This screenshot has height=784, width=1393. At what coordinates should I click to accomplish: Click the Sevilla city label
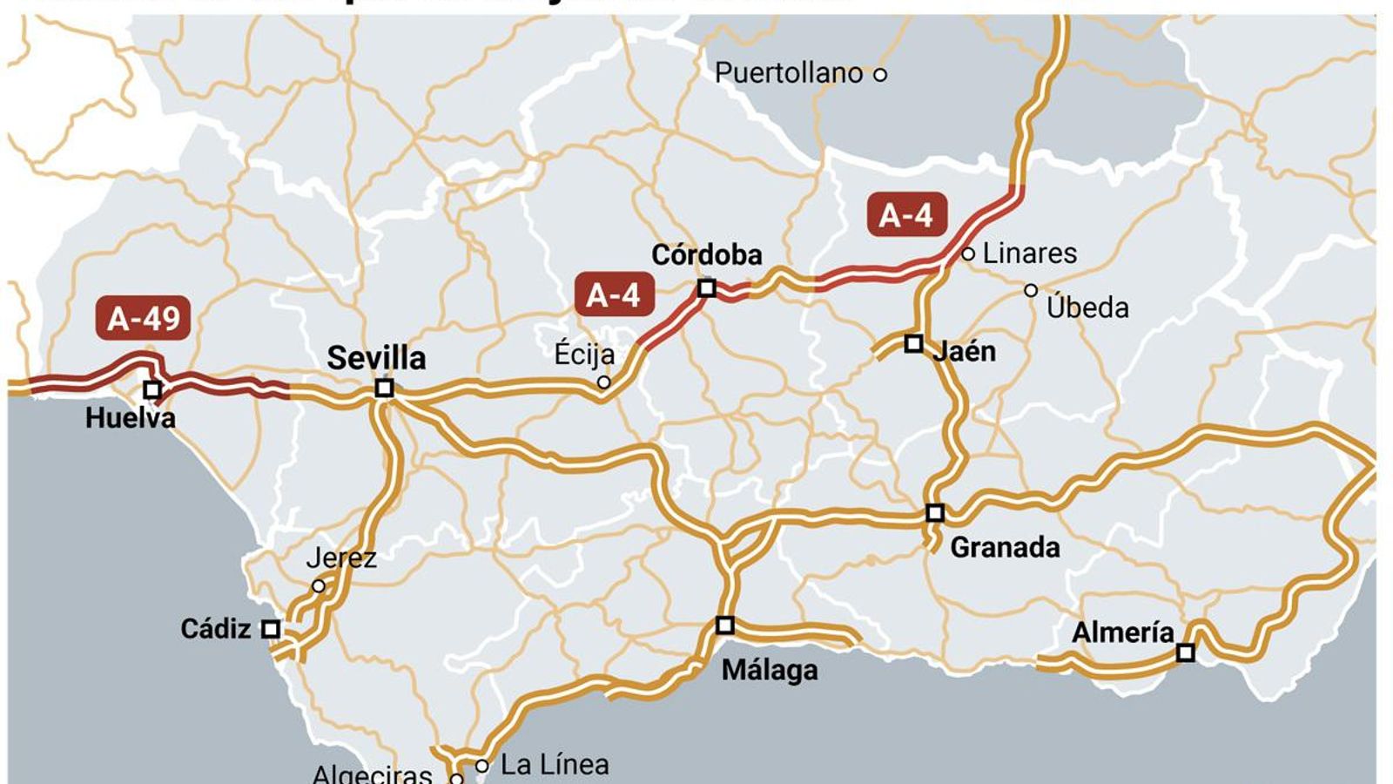[376, 358]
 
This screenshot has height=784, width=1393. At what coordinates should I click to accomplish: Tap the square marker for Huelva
[152, 390]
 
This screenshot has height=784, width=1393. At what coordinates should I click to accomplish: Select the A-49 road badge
[144, 319]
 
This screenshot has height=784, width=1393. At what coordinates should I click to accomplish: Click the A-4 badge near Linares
[906, 215]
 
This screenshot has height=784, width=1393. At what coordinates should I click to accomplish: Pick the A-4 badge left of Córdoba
[613, 295]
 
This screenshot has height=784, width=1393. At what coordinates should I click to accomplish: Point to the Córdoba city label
[707, 254]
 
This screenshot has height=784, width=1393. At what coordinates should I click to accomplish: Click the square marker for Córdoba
[707, 287]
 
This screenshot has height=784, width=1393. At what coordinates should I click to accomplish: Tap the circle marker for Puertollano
[880, 74]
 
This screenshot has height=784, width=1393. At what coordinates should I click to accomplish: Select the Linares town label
[1029, 253]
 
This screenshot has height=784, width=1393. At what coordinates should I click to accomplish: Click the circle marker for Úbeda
[1031, 290]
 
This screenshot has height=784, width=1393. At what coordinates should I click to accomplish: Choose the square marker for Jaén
[913, 343]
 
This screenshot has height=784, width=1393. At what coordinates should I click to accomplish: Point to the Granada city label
[1005, 547]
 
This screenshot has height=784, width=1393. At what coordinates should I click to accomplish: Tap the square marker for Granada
[934, 512]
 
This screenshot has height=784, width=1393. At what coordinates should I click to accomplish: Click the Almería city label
[1122, 632]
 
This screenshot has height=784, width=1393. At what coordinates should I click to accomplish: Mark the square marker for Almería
[1185, 652]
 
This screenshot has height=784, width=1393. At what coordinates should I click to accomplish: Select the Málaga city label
[770, 670]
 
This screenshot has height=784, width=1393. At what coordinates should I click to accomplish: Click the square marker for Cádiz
[271, 629]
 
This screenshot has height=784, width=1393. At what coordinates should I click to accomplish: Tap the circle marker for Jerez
[319, 586]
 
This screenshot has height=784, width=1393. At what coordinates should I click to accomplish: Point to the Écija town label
[584, 354]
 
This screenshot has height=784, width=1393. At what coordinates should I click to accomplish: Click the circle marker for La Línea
[481, 767]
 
